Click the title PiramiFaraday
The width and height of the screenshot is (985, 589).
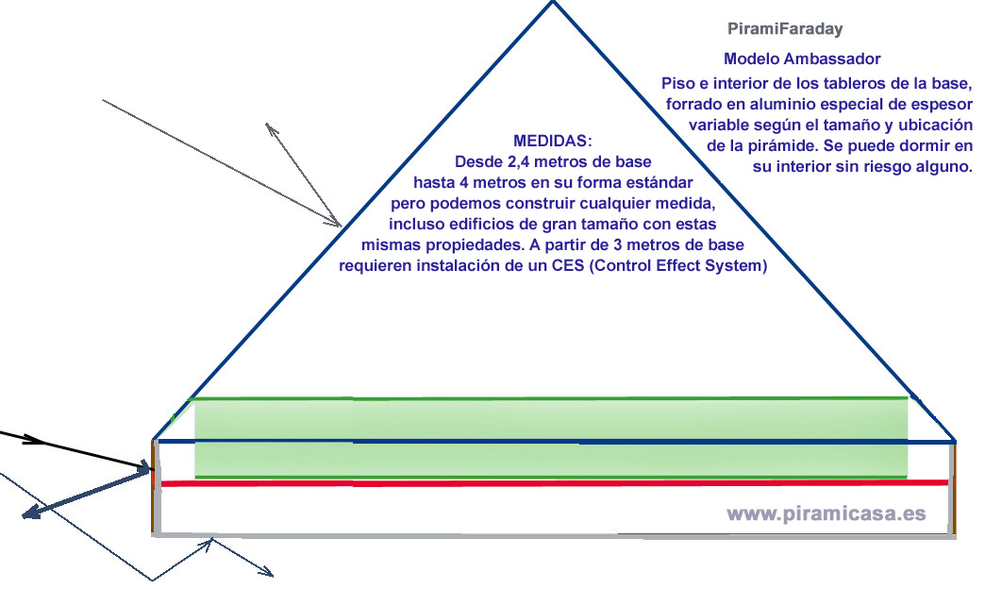785,29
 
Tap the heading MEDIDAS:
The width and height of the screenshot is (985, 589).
552,142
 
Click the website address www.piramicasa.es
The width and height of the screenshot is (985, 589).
826,514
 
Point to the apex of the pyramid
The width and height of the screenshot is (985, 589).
553,3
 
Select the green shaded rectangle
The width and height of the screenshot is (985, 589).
551,438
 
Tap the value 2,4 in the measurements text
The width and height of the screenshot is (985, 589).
529,161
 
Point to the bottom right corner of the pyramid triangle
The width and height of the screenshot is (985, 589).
955,441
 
